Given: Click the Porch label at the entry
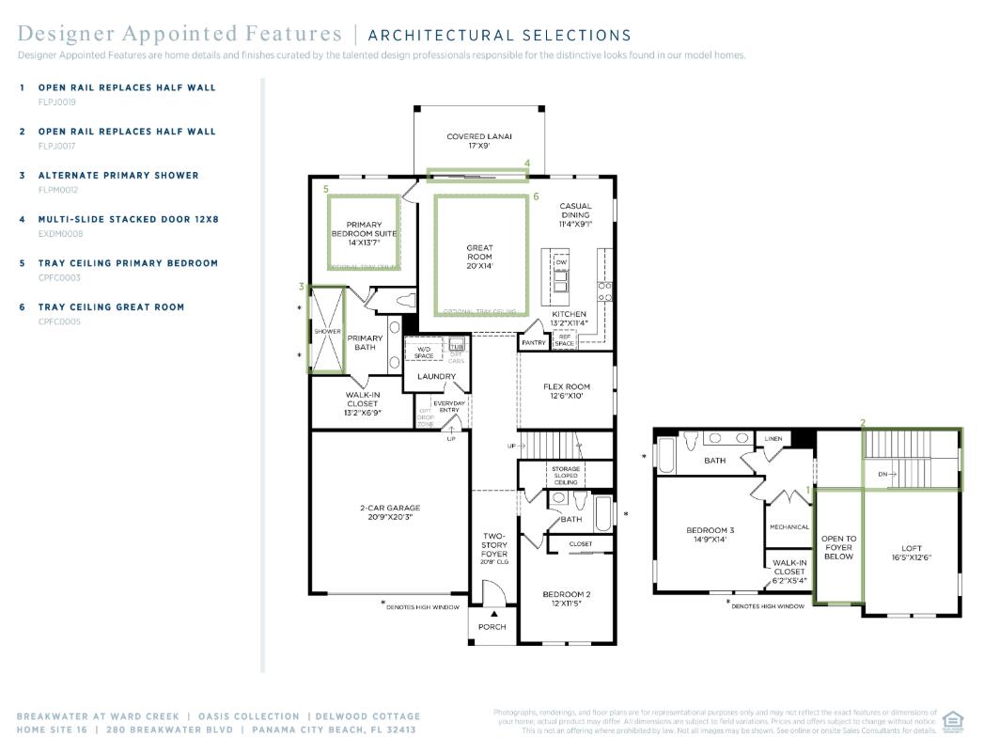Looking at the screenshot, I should click(x=492, y=626).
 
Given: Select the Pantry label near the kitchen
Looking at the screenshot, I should click(x=534, y=343).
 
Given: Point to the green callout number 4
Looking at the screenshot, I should click(x=527, y=164).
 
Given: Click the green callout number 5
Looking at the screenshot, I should click(x=326, y=189).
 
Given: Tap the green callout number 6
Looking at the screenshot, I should click(x=536, y=197).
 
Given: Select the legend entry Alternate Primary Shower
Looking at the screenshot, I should click(x=118, y=176).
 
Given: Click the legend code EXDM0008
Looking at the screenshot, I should click(x=60, y=233).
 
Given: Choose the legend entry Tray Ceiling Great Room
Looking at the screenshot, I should click(x=111, y=307).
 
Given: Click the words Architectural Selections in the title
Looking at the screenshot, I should click(x=499, y=36).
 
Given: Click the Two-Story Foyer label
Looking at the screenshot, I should click(x=494, y=545).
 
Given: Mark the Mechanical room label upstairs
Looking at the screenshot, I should click(x=789, y=527).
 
